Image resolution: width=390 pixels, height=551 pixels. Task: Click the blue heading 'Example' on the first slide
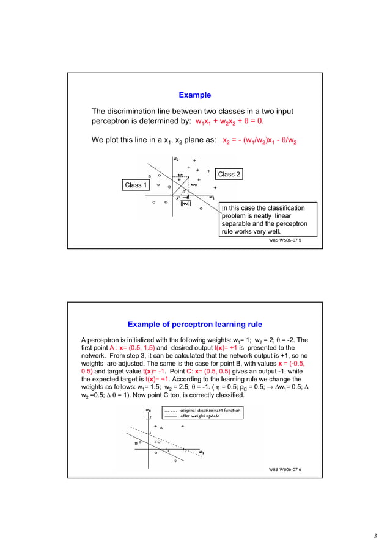194,95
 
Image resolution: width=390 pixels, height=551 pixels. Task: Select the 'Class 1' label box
136,185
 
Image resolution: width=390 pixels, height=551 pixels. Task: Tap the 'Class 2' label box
229,175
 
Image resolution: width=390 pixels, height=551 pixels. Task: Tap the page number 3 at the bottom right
375,536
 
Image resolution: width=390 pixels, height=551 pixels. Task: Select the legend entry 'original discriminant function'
210,410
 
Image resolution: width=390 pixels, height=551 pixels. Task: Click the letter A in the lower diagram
161,428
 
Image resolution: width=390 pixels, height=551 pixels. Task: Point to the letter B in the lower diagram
136,444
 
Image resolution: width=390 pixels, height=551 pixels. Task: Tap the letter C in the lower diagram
158,442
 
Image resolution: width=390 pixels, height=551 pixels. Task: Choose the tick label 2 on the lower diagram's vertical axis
150,417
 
